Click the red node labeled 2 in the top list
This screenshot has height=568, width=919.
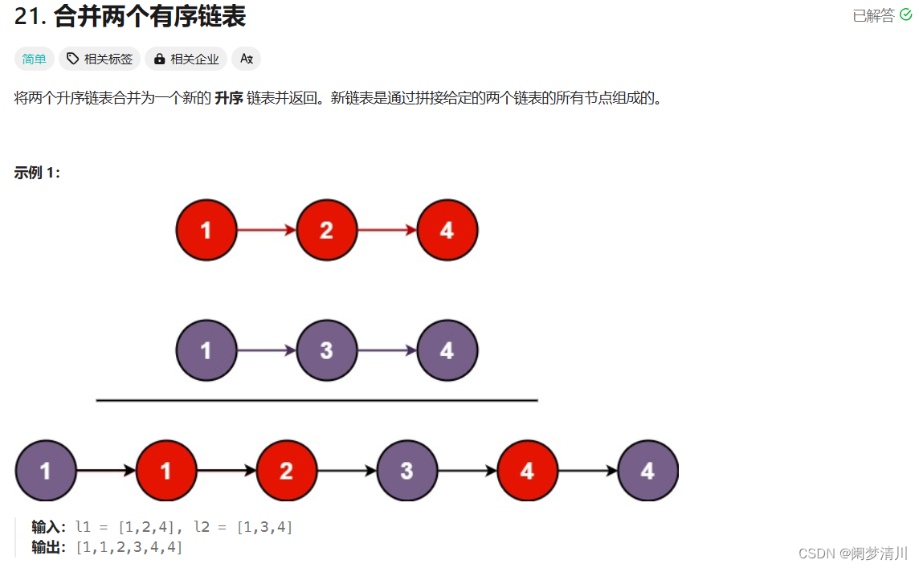tap(326, 230)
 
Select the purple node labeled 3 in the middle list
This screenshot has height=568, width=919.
tap(326, 350)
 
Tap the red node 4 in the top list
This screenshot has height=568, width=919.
tap(447, 230)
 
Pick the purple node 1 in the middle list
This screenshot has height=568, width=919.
tap(206, 350)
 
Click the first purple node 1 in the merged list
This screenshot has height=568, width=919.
tap(46, 471)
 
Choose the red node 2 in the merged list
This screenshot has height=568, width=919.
tap(287, 471)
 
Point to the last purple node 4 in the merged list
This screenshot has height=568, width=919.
tap(647, 471)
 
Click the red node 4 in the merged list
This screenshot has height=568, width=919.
tap(528, 471)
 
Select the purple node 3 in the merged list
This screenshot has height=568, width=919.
tap(406, 471)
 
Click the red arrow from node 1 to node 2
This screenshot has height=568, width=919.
tap(267, 230)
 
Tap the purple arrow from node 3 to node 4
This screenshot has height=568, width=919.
tap(387, 350)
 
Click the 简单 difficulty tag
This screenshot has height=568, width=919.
tap(34, 59)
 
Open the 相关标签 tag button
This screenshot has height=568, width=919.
tap(100, 59)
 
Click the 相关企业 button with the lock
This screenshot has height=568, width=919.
tap(186, 59)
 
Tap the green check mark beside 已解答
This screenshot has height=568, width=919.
tap(905, 14)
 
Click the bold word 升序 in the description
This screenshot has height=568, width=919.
tap(229, 98)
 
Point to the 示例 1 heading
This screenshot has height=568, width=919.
tap(37, 173)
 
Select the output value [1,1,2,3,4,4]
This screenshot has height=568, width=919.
tap(129, 547)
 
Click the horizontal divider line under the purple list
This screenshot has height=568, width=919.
tap(317, 400)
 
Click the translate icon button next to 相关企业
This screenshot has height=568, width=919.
tap(246, 59)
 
